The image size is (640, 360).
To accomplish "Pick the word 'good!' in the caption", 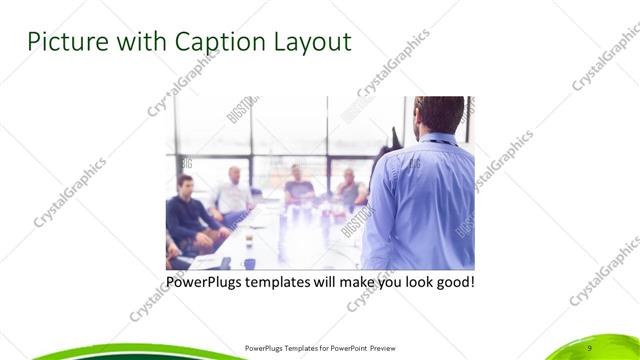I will [x=452, y=282].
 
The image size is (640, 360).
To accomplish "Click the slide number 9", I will [x=589, y=347].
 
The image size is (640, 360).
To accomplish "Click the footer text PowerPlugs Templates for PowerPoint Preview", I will [x=326, y=347].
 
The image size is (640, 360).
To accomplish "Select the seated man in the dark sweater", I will [x=187, y=215].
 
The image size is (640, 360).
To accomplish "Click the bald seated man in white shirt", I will [x=233, y=195].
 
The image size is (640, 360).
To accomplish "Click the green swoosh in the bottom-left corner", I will [x=60, y=352].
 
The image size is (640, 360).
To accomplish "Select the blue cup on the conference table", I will [x=249, y=263].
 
